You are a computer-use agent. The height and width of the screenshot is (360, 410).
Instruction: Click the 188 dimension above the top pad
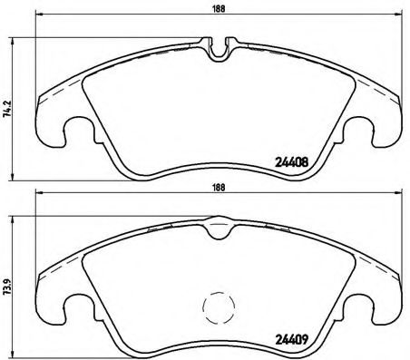[220, 12]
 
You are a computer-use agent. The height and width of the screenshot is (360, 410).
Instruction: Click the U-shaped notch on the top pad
[219, 50]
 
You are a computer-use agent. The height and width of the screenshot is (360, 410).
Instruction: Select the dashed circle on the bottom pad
[218, 308]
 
